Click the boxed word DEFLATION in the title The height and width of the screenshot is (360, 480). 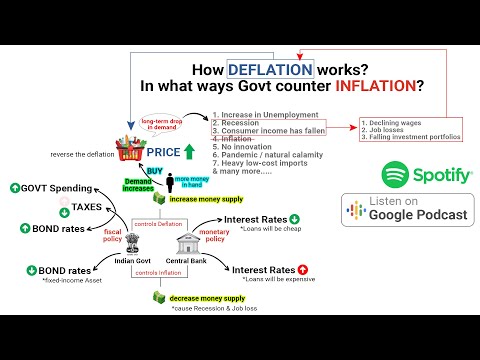click(271, 70)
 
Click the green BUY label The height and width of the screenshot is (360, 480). click(155, 171)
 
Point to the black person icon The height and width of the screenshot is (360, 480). click(171, 184)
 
